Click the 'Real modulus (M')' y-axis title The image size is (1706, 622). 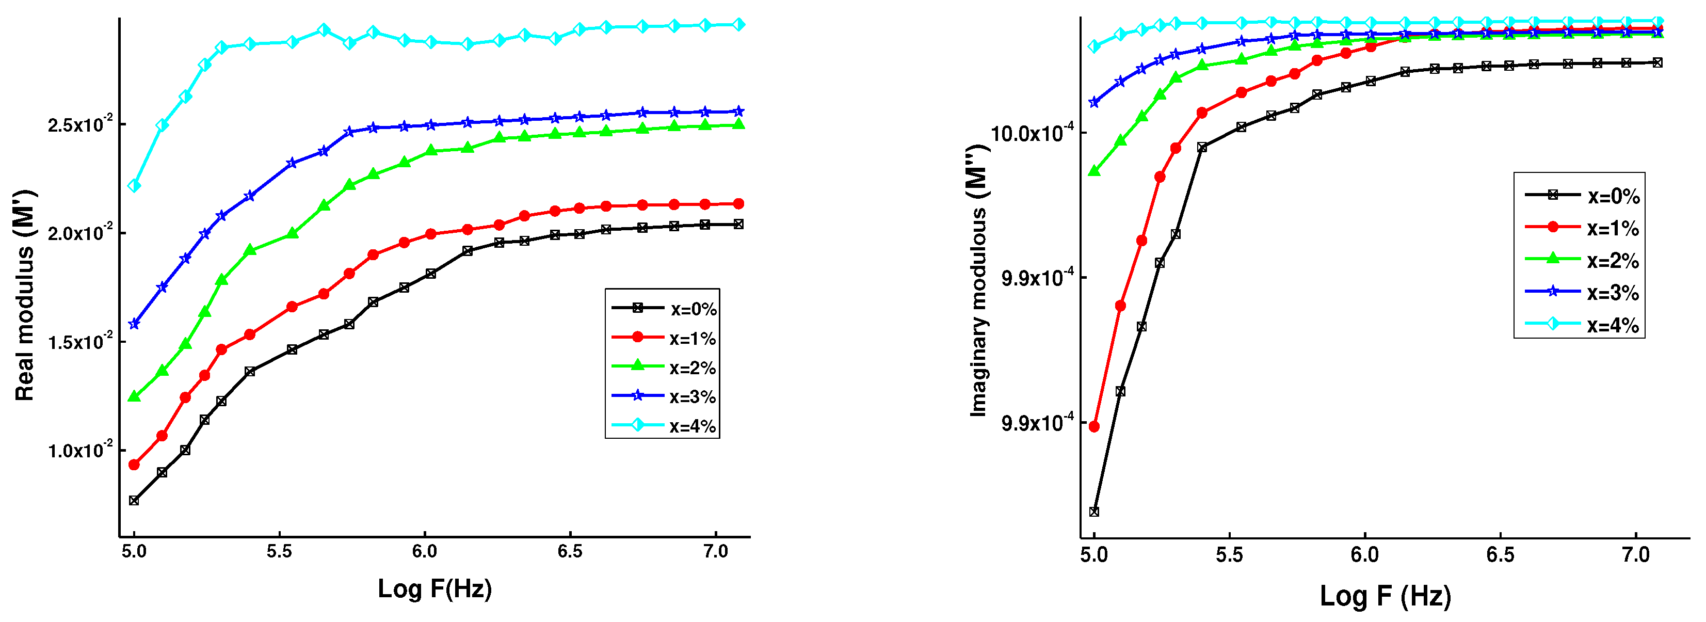pyautogui.click(x=24, y=295)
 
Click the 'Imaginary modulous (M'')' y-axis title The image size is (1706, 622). pyautogui.click(x=978, y=281)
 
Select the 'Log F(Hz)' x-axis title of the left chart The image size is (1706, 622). pyautogui.click(x=434, y=588)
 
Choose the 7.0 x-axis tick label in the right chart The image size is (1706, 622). pyautogui.click(x=1636, y=555)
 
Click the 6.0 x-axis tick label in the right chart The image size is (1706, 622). pyautogui.click(x=1364, y=555)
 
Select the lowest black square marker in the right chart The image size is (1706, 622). pyautogui.click(x=1094, y=512)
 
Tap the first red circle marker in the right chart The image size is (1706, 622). pyautogui.click(x=1094, y=426)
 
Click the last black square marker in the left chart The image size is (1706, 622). pyautogui.click(x=739, y=224)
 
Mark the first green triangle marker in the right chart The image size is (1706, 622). pyautogui.click(x=1094, y=171)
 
